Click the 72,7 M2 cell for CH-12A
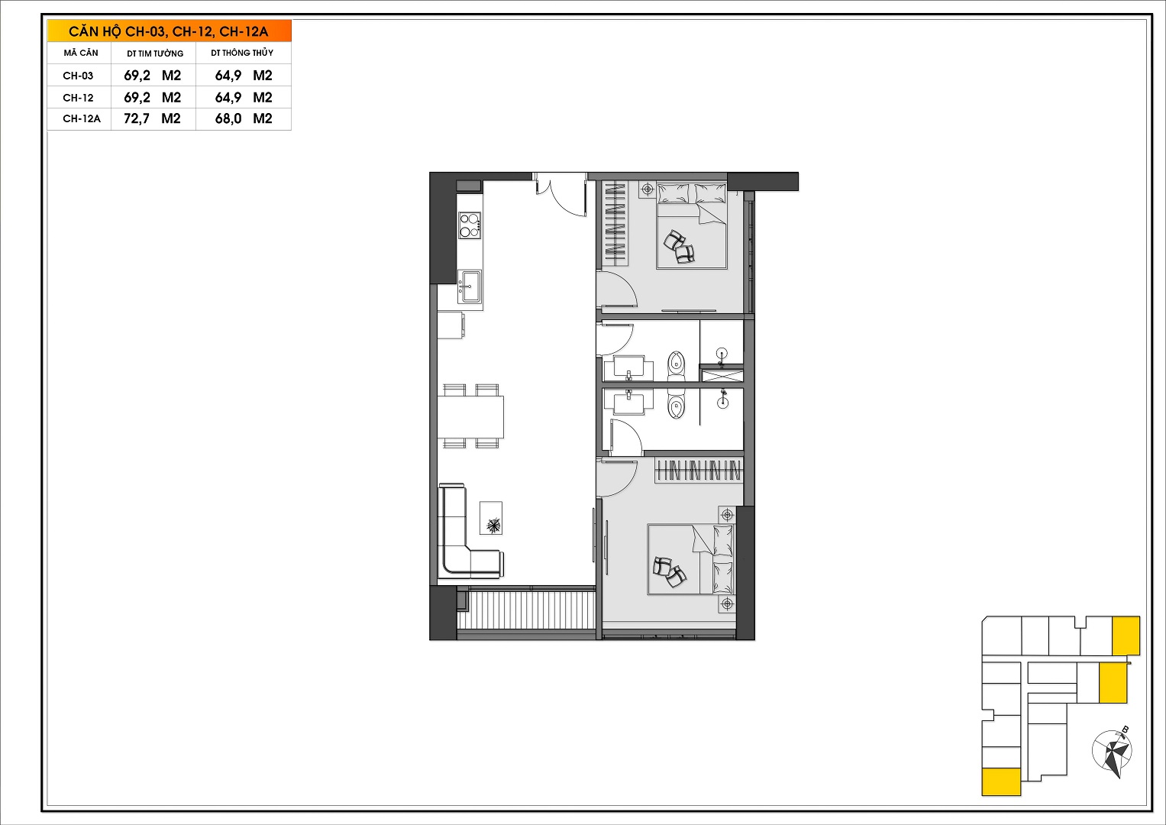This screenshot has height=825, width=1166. (152, 118)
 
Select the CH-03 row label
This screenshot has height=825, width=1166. (78, 76)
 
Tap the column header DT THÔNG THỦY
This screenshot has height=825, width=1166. (242, 53)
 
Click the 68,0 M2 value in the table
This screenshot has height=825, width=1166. (244, 118)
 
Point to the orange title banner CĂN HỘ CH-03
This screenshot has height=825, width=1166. (170, 31)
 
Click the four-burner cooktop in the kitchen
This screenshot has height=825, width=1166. (470, 225)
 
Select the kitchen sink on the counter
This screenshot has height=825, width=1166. (470, 286)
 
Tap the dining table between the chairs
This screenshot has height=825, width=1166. (470, 416)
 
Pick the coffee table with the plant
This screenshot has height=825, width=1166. (491, 518)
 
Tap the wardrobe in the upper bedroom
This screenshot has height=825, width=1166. (615, 224)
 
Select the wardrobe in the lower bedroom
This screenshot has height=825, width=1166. (698, 471)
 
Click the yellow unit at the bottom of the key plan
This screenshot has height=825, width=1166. (1001, 781)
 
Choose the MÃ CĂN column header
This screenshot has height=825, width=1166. (81, 53)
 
